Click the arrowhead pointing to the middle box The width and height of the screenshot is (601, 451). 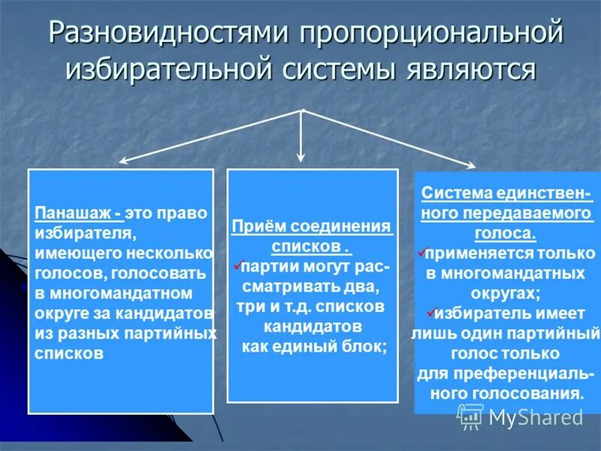(301, 157)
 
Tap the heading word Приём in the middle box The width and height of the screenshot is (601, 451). (255, 226)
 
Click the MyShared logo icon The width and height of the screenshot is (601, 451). (471, 416)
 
